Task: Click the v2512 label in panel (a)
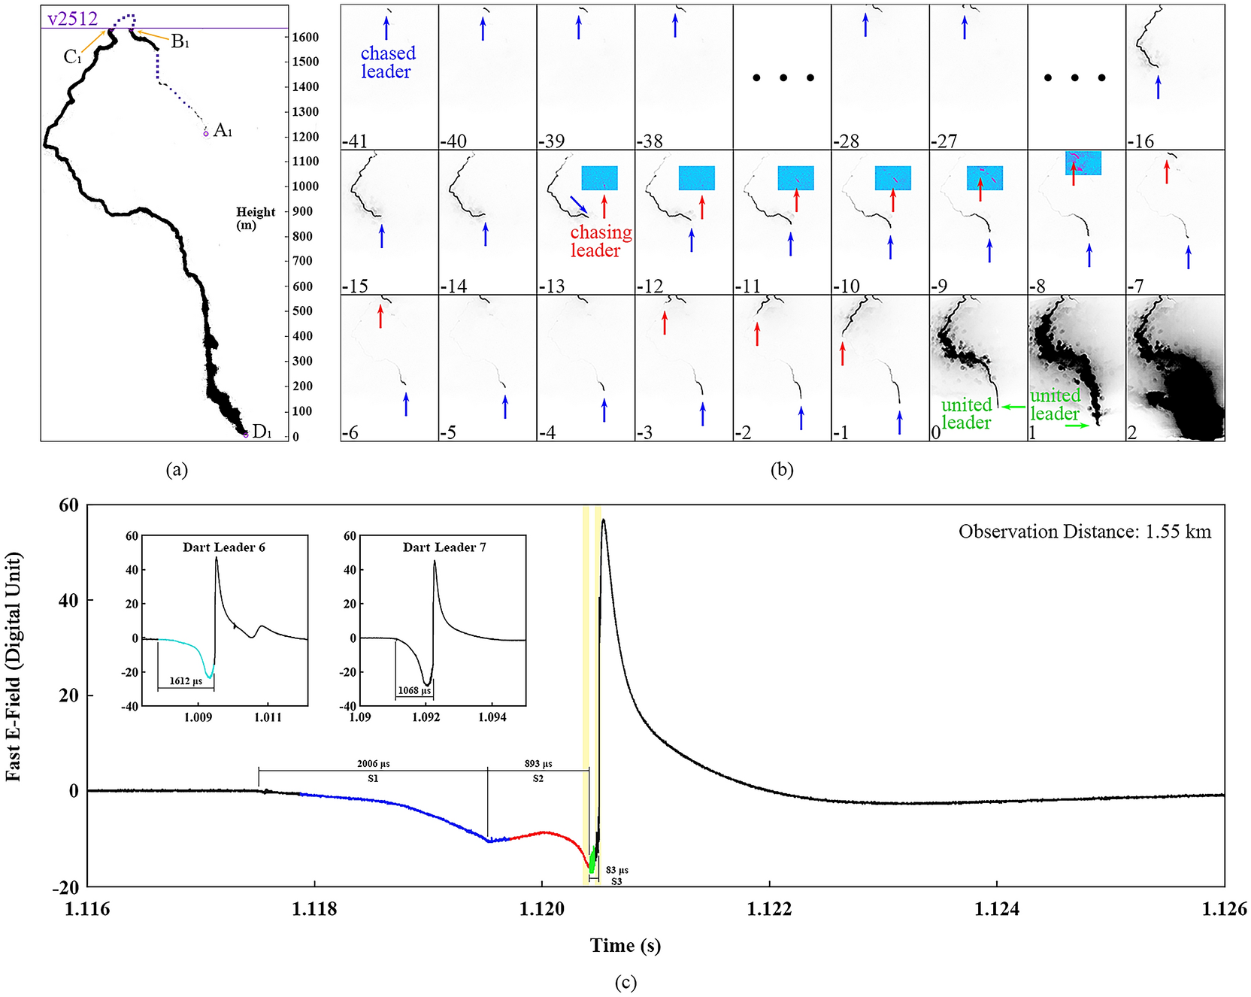coord(72,18)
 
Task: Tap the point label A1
coord(223,131)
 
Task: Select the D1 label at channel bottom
coord(262,432)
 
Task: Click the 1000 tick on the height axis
coord(305,186)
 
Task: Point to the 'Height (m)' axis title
coord(256,218)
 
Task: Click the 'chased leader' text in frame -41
coord(387,62)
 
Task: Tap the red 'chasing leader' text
coord(600,241)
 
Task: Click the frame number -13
coord(551,286)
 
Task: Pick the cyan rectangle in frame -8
coord(1083,163)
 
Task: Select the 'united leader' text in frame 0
coord(966,414)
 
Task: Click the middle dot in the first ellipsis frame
coord(783,77)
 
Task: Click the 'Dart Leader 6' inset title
coord(223,547)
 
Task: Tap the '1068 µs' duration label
coord(414,690)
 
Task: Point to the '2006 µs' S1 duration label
coord(373,764)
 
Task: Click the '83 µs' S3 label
coord(616,870)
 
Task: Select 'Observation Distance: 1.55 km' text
coord(1084,532)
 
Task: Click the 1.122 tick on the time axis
coord(769,909)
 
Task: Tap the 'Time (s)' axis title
coord(625,945)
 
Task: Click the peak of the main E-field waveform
coord(603,520)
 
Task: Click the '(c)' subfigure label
coord(625,983)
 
